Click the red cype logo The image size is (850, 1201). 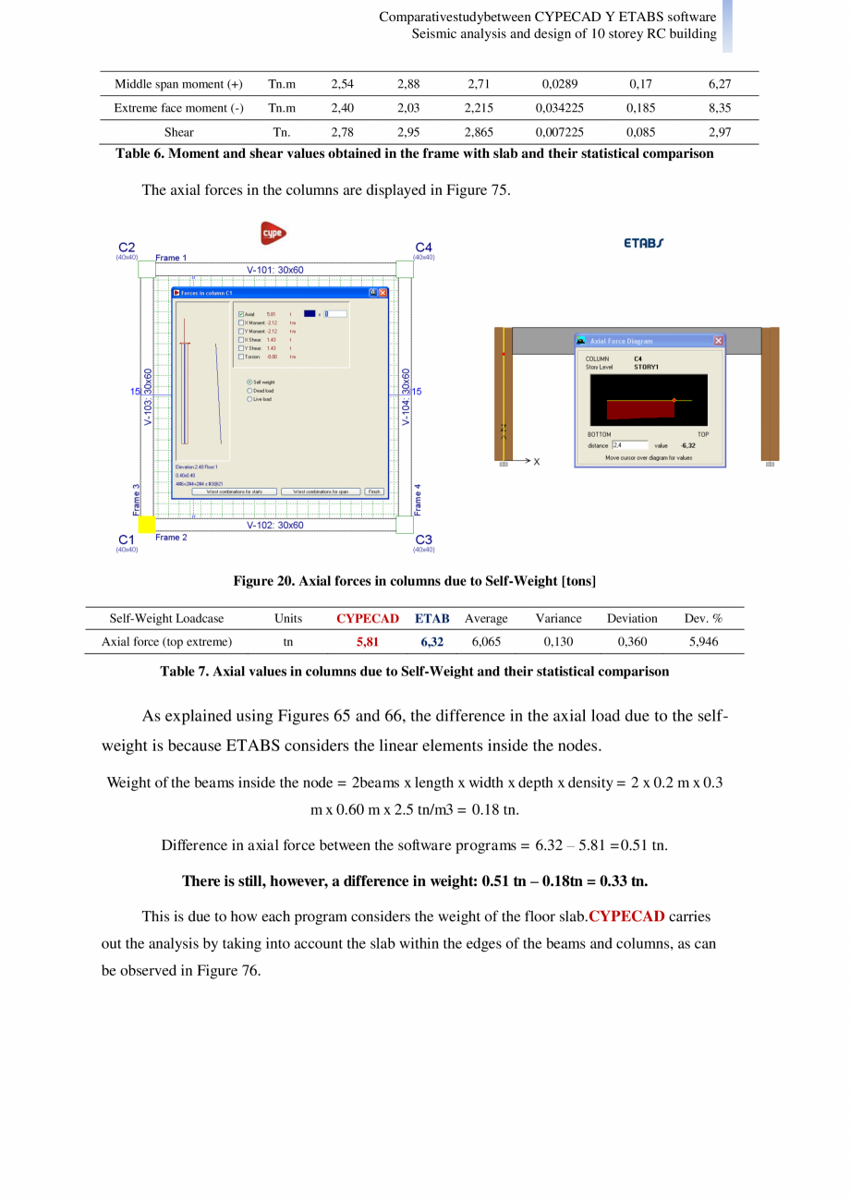[x=273, y=233]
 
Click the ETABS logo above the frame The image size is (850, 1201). [x=642, y=243]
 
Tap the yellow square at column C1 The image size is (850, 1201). [x=146, y=525]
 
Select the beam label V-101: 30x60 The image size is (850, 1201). [x=274, y=269]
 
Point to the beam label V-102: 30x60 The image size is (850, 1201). [x=274, y=525]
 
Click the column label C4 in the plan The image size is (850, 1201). [x=423, y=247]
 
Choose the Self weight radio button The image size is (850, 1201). [x=249, y=382]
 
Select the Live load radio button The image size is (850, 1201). [x=249, y=399]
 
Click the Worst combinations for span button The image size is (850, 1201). [x=321, y=491]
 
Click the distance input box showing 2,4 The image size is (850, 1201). [x=629, y=445]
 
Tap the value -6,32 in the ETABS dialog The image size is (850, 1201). [x=687, y=445]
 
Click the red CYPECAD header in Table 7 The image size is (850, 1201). [x=368, y=618]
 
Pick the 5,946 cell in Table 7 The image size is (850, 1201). [x=704, y=640]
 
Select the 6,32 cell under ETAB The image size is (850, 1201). [x=432, y=640]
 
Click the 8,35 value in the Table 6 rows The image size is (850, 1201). [x=720, y=108]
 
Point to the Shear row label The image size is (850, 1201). [x=179, y=132]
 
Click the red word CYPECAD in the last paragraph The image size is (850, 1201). [x=626, y=917]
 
